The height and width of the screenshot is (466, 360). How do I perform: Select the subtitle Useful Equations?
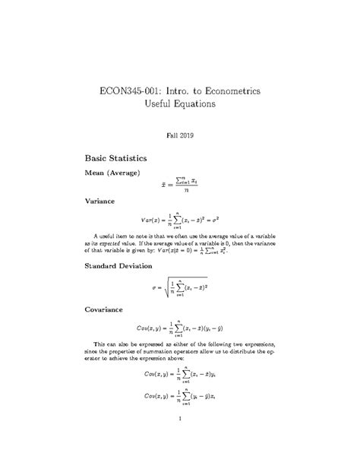click(181, 103)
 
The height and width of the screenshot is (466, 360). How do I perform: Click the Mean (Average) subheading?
click(119, 174)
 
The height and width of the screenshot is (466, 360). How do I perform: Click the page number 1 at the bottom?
click(179, 419)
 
